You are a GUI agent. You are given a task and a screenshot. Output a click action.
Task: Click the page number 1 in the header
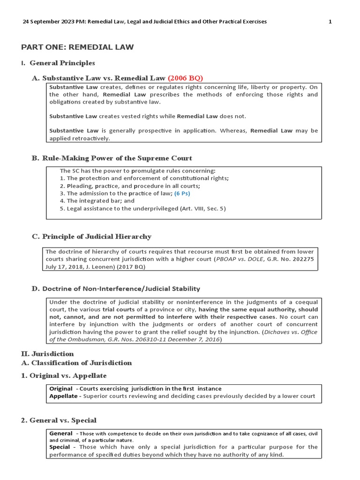pyautogui.click(x=330, y=22)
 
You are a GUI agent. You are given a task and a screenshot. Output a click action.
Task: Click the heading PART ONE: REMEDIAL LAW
pyautogui.click(x=77, y=47)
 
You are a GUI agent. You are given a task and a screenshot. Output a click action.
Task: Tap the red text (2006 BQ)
pyautogui.click(x=185, y=78)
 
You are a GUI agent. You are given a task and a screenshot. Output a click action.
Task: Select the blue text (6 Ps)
pyautogui.click(x=182, y=193)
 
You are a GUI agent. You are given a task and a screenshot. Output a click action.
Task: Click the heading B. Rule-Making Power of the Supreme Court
pyautogui.click(x=112, y=158)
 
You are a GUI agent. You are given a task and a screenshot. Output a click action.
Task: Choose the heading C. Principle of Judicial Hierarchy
pyautogui.click(x=92, y=236)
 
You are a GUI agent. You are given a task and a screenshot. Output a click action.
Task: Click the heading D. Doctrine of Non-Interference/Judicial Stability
pyautogui.click(x=116, y=288)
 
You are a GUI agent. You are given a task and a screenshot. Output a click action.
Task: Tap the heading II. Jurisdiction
pyautogui.click(x=48, y=354)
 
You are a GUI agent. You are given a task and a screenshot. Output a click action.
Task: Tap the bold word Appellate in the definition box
pyautogui.click(x=63, y=396)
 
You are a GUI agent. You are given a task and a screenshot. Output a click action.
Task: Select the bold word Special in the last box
pyautogui.click(x=60, y=447)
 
